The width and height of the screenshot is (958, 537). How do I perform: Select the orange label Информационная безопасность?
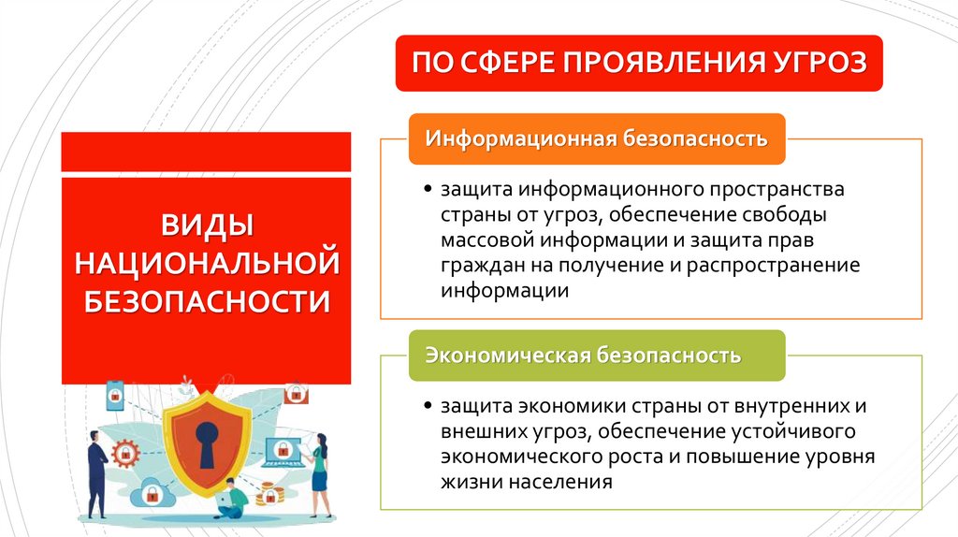click(x=596, y=139)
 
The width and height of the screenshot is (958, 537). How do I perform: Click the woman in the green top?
click(x=320, y=472)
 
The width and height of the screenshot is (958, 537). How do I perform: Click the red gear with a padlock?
click(x=124, y=456)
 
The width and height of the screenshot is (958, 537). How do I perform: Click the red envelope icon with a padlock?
click(x=296, y=393)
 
